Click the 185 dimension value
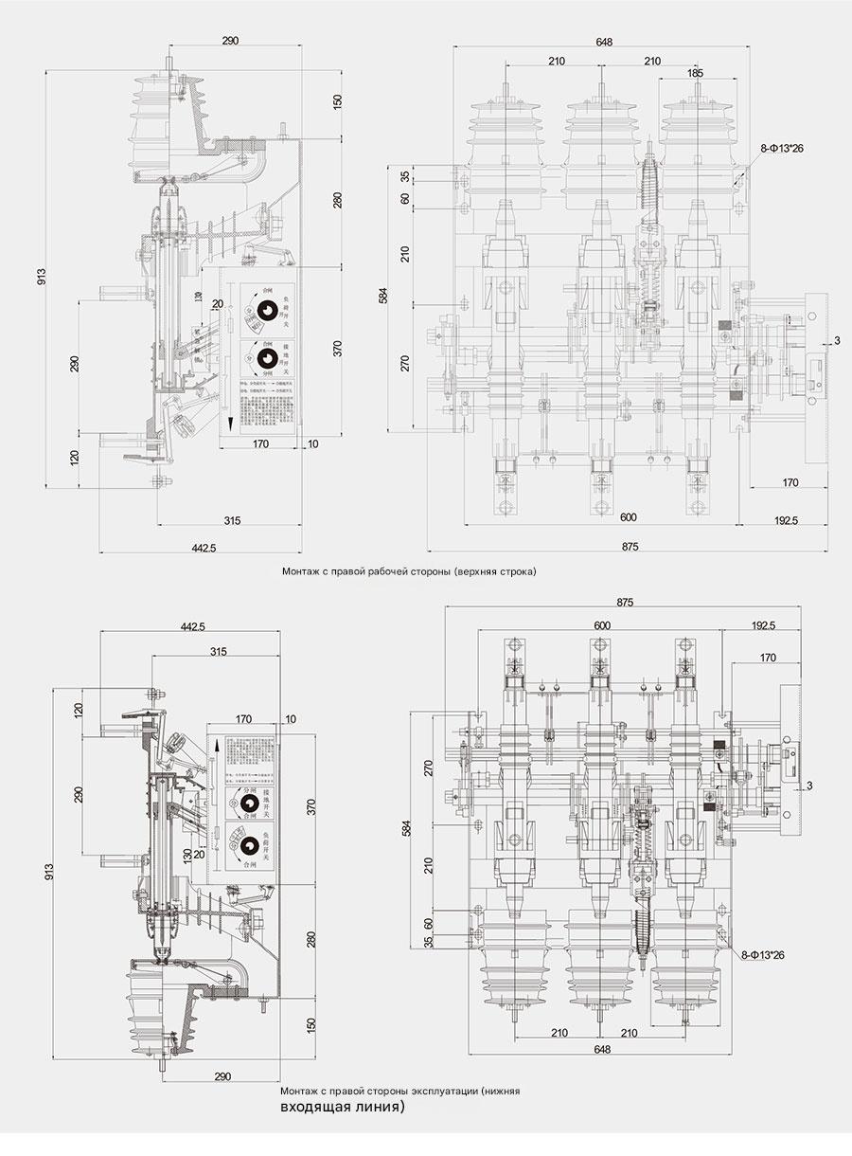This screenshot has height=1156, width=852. click(695, 72)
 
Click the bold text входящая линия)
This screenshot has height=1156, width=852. click(342, 1106)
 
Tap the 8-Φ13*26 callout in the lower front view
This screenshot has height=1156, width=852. click(763, 954)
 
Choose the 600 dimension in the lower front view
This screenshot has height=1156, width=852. click(602, 625)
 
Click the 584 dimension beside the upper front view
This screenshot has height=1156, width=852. click(383, 296)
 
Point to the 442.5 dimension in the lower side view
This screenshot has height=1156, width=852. click(192, 626)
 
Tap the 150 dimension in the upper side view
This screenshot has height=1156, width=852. click(337, 100)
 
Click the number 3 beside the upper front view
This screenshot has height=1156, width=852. click(836, 341)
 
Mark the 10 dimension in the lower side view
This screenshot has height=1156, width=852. click(290, 719)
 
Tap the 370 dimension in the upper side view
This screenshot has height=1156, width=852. click(337, 348)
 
